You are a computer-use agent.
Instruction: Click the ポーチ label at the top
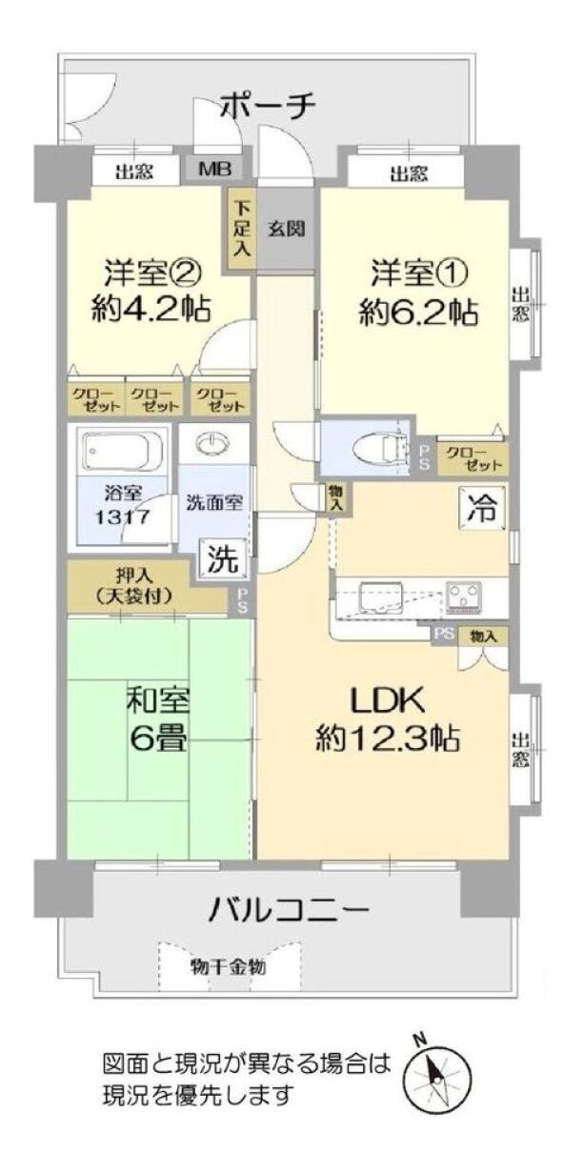(x=268, y=107)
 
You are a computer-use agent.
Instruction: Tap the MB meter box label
(x=213, y=170)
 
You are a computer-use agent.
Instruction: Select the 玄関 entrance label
(x=286, y=229)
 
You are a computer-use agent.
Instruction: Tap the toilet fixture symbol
(x=378, y=448)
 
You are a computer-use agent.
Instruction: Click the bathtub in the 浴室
(x=123, y=450)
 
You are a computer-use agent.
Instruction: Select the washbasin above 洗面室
(x=212, y=444)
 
